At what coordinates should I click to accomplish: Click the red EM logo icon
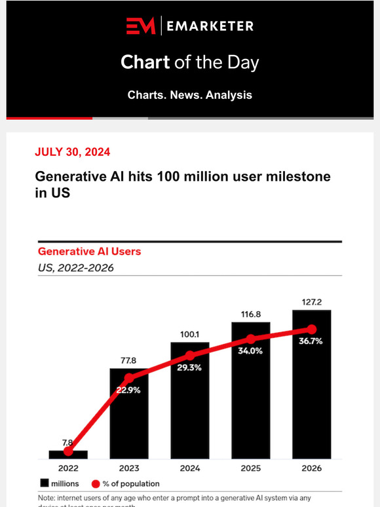tap(141, 26)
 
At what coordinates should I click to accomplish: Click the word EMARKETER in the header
tap(209, 26)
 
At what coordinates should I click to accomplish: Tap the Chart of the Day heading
tap(189, 62)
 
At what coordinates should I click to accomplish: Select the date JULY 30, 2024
tap(72, 152)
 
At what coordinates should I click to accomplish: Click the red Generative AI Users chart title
tap(89, 251)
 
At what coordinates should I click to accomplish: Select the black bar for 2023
tap(128, 419)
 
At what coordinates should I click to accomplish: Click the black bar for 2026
tap(311, 393)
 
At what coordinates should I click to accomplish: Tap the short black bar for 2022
tap(68, 454)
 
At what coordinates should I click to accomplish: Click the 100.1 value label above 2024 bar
tap(189, 335)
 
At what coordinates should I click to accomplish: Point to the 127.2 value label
tap(311, 303)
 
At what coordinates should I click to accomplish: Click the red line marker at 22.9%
tap(129, 378)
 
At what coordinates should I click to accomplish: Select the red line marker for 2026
tap(312, 329)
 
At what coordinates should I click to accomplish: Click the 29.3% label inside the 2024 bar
tap(190, 368)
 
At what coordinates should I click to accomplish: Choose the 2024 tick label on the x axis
tap(189, 468)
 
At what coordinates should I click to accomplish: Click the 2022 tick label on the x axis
tap(68, 468)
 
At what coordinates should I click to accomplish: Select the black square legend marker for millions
tap(45, 483)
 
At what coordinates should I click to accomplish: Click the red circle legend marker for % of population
tap(96, 483)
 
